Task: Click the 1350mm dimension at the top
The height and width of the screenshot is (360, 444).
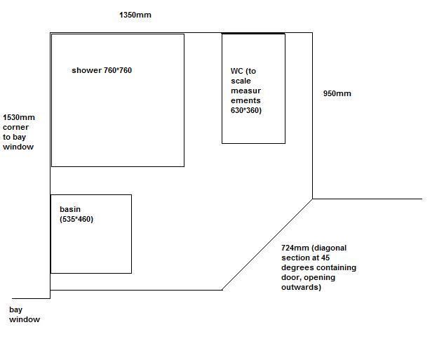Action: [x=135, y=15]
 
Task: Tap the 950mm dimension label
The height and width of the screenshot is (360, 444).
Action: [x=337, y=93]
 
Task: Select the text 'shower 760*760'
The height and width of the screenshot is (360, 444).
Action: [x=102, y=70]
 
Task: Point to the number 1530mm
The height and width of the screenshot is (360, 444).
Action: [x=19, y=117]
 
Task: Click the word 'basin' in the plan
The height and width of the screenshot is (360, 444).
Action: [x=70, y=209]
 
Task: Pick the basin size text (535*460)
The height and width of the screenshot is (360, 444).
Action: [x=76, y=219]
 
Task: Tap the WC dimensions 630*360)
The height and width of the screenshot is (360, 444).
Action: [x=246, y=110]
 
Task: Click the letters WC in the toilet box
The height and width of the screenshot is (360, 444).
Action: [x=236, y=71]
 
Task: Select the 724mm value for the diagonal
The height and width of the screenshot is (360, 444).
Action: [x=295, y=248]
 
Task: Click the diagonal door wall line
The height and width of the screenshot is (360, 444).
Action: [x=267, y=244]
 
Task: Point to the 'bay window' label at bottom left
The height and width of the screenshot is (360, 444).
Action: [x=25, y=314]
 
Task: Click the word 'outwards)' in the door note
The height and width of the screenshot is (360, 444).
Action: [x=301, y=287]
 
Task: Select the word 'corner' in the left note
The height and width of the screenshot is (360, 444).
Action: [x=15, y=127]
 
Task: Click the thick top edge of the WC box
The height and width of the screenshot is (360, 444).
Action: [x=253, y=34]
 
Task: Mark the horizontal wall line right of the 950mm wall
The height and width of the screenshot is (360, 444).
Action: [x=368, y=199]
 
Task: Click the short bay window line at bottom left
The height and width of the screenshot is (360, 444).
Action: [x=31, y=298]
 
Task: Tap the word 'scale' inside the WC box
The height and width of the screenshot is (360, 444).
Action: [x=241, y=81]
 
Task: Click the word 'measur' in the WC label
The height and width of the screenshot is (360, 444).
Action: [x=245, y=91]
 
